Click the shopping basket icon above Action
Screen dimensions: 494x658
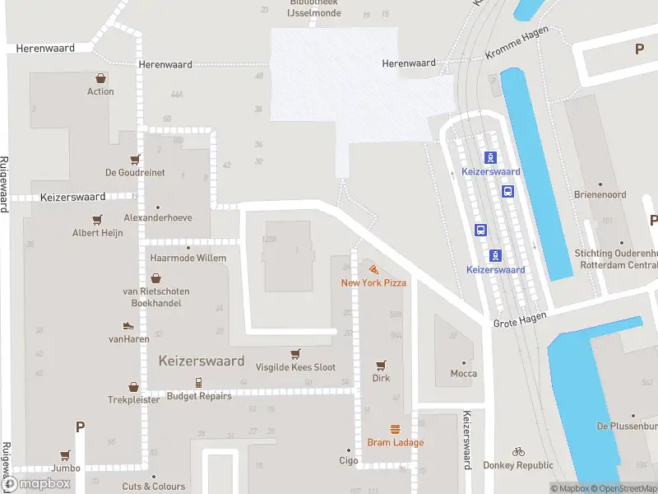pyautogui.click(x=100, y=78)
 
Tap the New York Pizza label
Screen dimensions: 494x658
pyautogui.click(x=374, y=283)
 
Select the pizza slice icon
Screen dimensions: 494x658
pyautogui.click(x=374, y=269)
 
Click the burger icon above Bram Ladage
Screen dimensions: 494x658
pyautogui.click(x=396, y=429)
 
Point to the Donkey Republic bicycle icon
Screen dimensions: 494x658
pyautogui.click(x=518, y=451)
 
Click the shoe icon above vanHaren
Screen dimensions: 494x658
pyautogui.click(x=127, y=326)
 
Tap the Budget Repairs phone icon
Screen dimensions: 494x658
pyautogui.click(x=198, y=382)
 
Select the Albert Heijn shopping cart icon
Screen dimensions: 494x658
pyautogui.click(x=97, y=220)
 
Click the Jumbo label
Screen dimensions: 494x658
pyautogui.click(x=65, y=468)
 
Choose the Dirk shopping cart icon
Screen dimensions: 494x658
pyautogui.click(x=381, y=365)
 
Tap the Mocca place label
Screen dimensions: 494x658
pyautogui.click(x=464, y=374)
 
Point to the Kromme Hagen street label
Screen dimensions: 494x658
pyautogui.click(x=516, y=52)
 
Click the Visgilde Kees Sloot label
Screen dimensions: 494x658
pyautogui.click(x=295, y=367)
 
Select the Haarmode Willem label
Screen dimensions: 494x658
pyautogui.click(x=188, y=258)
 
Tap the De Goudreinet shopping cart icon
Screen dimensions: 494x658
pyautogui.click(x=135, y=159)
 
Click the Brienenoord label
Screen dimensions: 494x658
pyautogui.click(x=600, y=195)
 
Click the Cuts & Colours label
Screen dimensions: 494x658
pyautogui.click(x=154, y=487)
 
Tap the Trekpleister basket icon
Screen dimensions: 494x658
pyautogui.click(x=133, y=386)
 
